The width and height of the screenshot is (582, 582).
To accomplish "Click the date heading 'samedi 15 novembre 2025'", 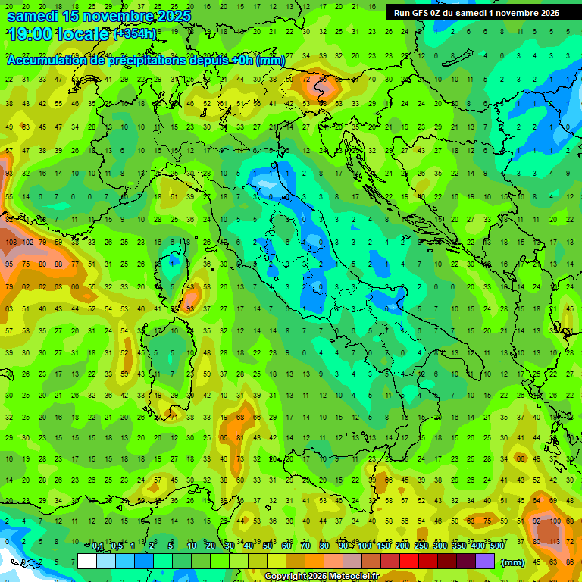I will [x=99, y=16].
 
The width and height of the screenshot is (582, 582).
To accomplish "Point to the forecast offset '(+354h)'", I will [x=136, y=34].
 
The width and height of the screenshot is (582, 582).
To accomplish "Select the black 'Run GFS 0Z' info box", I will [x=477, y=12].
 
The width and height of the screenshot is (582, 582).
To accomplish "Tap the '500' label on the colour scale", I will [x=496, y=546].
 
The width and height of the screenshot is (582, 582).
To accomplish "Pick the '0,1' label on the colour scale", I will [x=98, y=546].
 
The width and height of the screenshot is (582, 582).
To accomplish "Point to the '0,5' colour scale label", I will [x=116, y=546].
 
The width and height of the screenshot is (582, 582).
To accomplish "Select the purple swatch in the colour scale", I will [x=485, y=562].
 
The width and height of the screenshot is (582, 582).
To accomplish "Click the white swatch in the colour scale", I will [x=87, y=562].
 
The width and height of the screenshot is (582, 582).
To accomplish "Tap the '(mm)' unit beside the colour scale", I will [x=513, y=562].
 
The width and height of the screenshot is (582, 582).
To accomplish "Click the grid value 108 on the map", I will [x=11, y=242].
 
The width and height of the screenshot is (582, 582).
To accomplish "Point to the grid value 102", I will [x=28, y=242].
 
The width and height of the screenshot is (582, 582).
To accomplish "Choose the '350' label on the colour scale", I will [x=458, y=546].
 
